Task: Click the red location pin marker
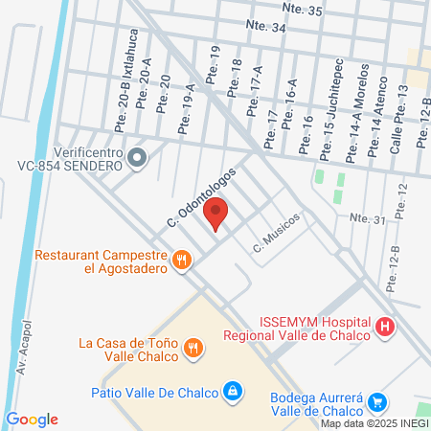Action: pos(216,214)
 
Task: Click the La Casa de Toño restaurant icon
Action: pos(193,349)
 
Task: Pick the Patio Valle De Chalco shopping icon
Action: pos(232,391)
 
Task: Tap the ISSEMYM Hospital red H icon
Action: pos(386,328)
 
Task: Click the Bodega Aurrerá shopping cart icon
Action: pos(378,403)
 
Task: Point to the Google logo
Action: pos(33,420)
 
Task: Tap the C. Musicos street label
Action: pos(277,232)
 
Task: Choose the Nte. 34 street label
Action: pos(265,28)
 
